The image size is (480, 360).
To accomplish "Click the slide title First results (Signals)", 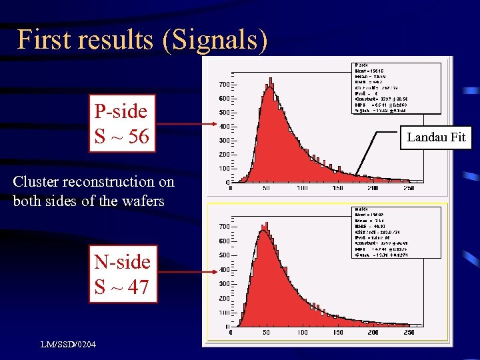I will click(142, 40).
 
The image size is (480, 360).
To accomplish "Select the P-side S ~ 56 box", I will click(122, 124).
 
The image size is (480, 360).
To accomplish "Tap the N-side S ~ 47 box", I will click(122, 274).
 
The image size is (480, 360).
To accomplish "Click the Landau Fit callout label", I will click(436, 138).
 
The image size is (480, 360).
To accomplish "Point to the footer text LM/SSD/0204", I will click(67, 345).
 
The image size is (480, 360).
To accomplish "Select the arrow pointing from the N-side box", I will click(187, 272).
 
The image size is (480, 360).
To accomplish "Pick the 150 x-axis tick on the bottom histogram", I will click(338, 331).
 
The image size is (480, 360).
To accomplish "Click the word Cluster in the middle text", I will click(37, 182).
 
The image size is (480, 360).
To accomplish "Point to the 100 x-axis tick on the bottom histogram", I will click(302, 331).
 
